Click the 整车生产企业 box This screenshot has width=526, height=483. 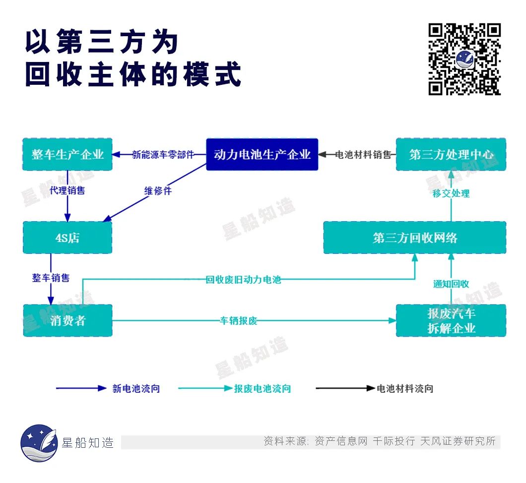67,155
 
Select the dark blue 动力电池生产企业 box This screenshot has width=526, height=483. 262,155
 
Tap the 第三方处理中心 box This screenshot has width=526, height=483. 451,155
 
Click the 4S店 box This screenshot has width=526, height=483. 67,238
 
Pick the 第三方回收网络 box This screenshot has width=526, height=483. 414,238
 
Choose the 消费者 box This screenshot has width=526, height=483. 67,320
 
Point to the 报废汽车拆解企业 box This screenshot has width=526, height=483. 451,320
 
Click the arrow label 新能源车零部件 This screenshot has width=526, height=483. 163,155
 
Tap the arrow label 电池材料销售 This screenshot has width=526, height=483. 363,155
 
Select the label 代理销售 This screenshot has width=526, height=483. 67,190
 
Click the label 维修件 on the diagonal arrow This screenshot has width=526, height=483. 158,191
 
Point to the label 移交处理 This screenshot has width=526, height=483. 451,193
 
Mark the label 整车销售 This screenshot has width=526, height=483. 51,278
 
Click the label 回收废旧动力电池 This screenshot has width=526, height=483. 243,280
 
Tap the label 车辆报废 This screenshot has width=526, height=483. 238,320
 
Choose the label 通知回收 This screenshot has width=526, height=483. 451,284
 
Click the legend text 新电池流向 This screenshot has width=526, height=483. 136,389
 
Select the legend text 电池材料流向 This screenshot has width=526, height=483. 405,389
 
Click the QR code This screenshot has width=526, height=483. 464,59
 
